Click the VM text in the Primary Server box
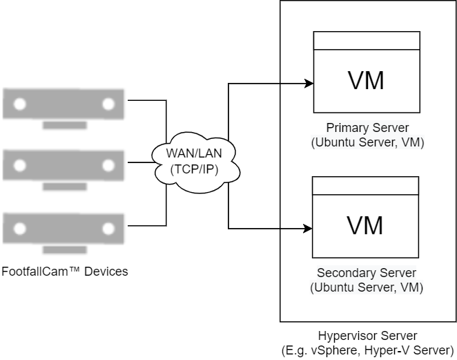pos(366,81)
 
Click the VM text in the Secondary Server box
pos(365,226)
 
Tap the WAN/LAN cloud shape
pos(195,160)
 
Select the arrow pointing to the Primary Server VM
pos(298,84)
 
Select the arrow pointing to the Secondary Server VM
pos(298,228)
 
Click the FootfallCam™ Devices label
pos(64,272)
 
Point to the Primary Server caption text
pos(367,135)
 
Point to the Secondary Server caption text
pos(367,280)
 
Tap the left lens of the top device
pos(20,104)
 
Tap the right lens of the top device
pos(108,104)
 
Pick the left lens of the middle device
pos(20,166)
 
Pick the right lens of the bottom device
pos(108,227)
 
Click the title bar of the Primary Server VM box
pos(366,41)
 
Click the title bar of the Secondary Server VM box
pos(365,186)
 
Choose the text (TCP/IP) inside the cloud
pos(195,167)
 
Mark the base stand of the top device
pos(64,125)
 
